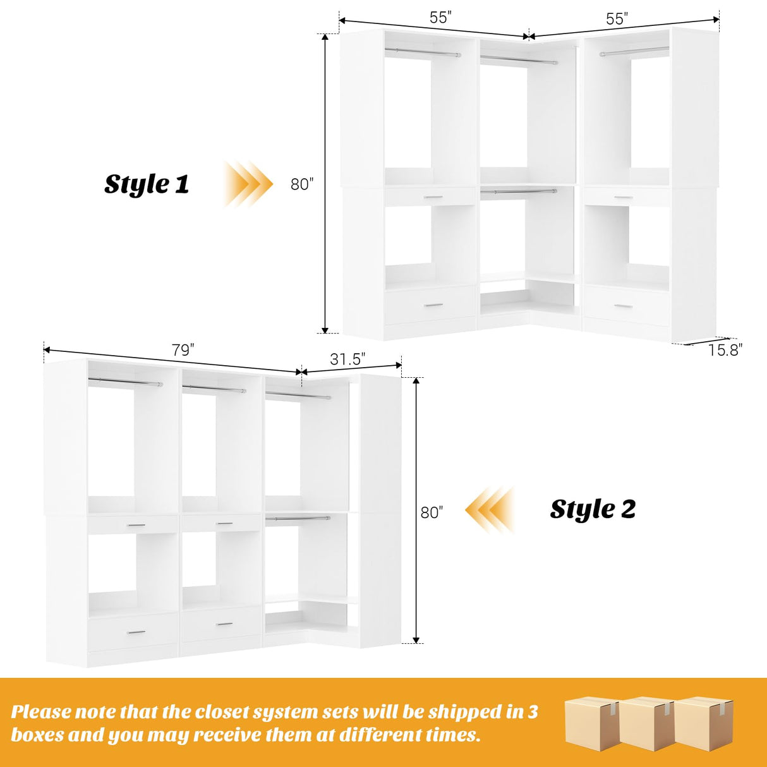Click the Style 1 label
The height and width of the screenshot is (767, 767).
pyautogui.click(x=147, y=184)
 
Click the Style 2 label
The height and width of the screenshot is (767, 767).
pyautogui.click(x=593, y=509)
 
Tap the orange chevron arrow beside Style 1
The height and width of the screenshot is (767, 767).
pyautogui.click(x=248, y=184)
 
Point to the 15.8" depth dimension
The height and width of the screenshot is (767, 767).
pyautogui.click(x=724, y=350)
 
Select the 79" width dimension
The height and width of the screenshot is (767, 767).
pyautogui.click(x=183, y=349)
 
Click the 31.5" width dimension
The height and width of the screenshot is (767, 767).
pyautogui.click(x=347, y=359)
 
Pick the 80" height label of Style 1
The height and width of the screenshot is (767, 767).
pyautogui.click(x=302, y=184)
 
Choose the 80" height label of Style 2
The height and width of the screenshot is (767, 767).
pyautogui.click(x=432, y=512)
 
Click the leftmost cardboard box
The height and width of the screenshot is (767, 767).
pyautogui.click(x=591, y=723)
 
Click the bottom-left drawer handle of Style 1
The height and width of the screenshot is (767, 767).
pyautogui.click(x=433, y=306)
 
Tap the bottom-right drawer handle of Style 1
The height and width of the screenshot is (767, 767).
pyautogui.click(x=623, y=306)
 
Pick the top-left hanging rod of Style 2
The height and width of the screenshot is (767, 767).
pyautogui.click(x=125, y=383)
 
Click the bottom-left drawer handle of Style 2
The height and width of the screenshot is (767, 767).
pyautogui.click(x=136, y=632)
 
